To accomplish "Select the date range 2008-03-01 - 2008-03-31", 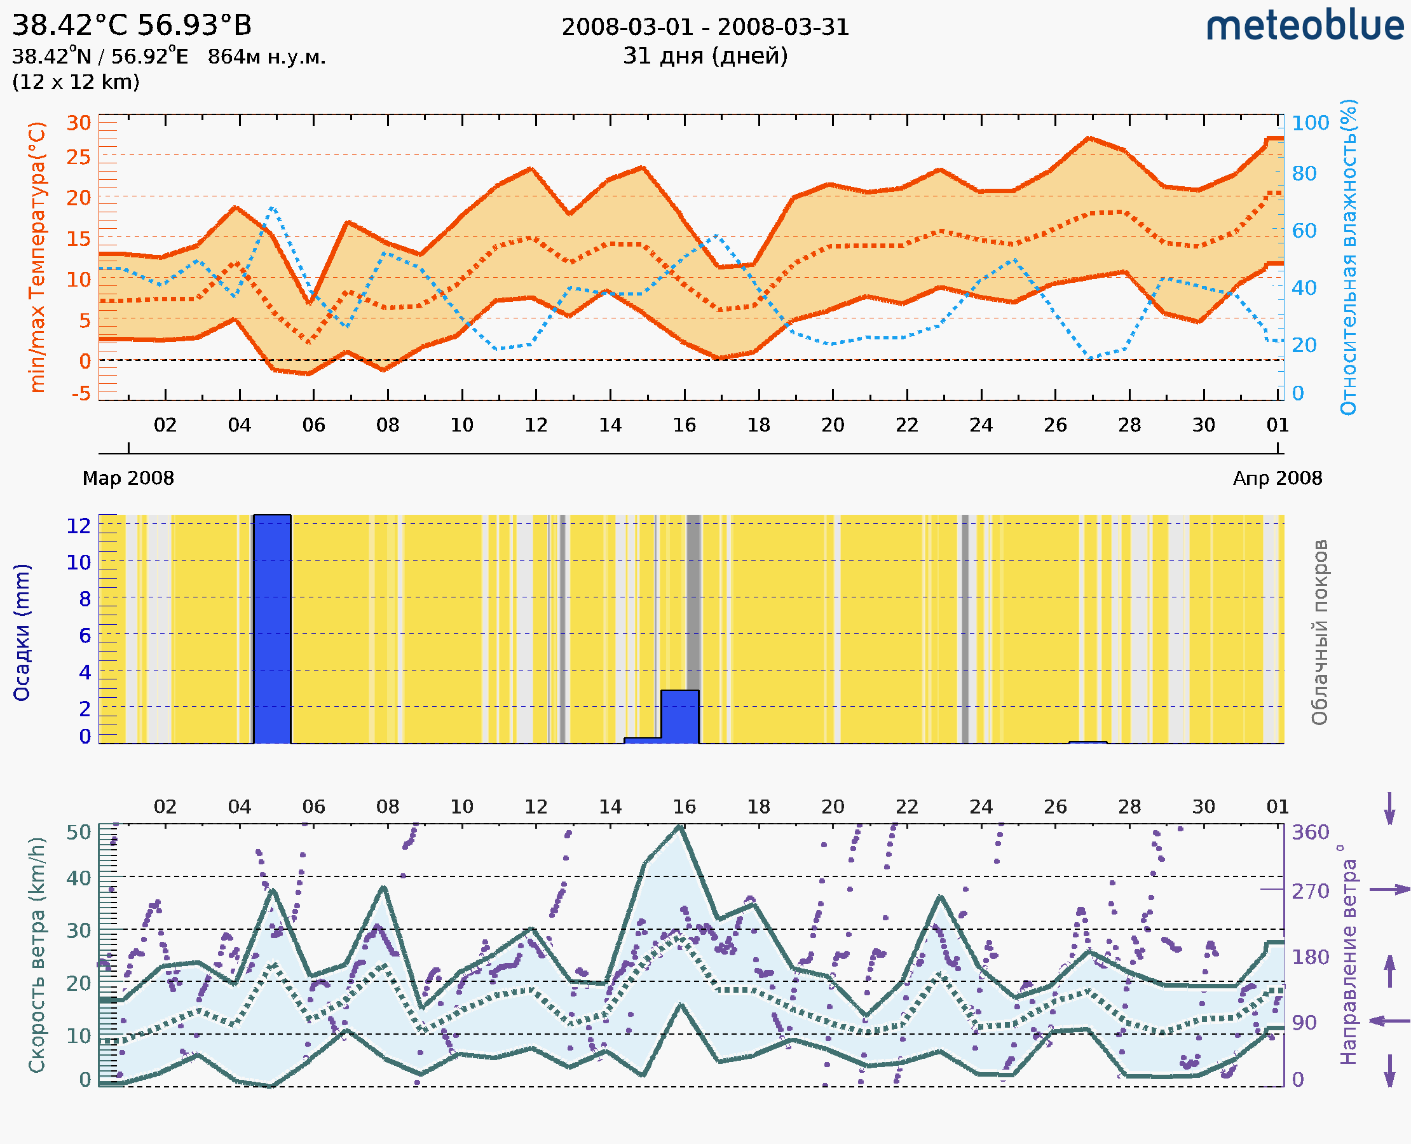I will (705, 27).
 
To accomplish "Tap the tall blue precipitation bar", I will (272, 629).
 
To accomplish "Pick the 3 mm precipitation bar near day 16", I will (679, 716).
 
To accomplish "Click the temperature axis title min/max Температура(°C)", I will (37, 257).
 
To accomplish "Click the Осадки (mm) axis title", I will (22, 632).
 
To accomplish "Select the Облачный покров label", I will (1319, 632).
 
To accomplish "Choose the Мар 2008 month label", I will (128, 478).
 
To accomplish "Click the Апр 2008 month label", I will (1278, 478).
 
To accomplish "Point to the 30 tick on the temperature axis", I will (78, 123).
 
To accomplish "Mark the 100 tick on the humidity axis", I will (1310, 123).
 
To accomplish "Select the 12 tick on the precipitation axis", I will (78, 526).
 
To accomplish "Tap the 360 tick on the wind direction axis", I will (1310, 833).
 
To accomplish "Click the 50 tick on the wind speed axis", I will (78, 833).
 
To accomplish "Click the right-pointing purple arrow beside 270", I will (1389, 890).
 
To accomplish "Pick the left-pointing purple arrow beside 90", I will (1389, 1021).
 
